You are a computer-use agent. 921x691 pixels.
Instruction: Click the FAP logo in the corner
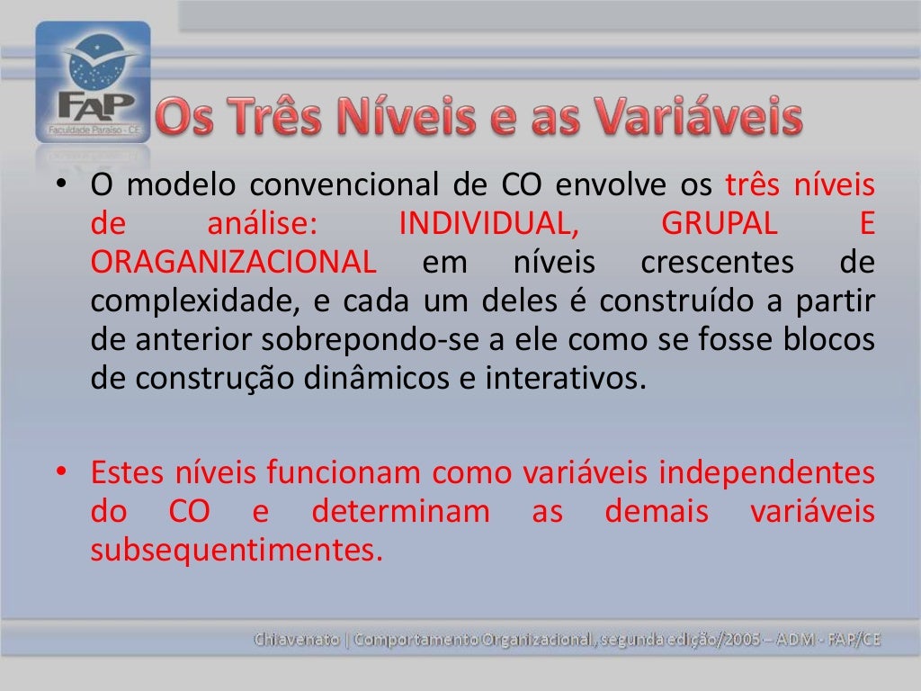pos(93,83)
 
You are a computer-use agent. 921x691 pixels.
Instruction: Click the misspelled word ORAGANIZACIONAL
pos(233,263)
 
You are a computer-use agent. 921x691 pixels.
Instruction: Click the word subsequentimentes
pos(231,550)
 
